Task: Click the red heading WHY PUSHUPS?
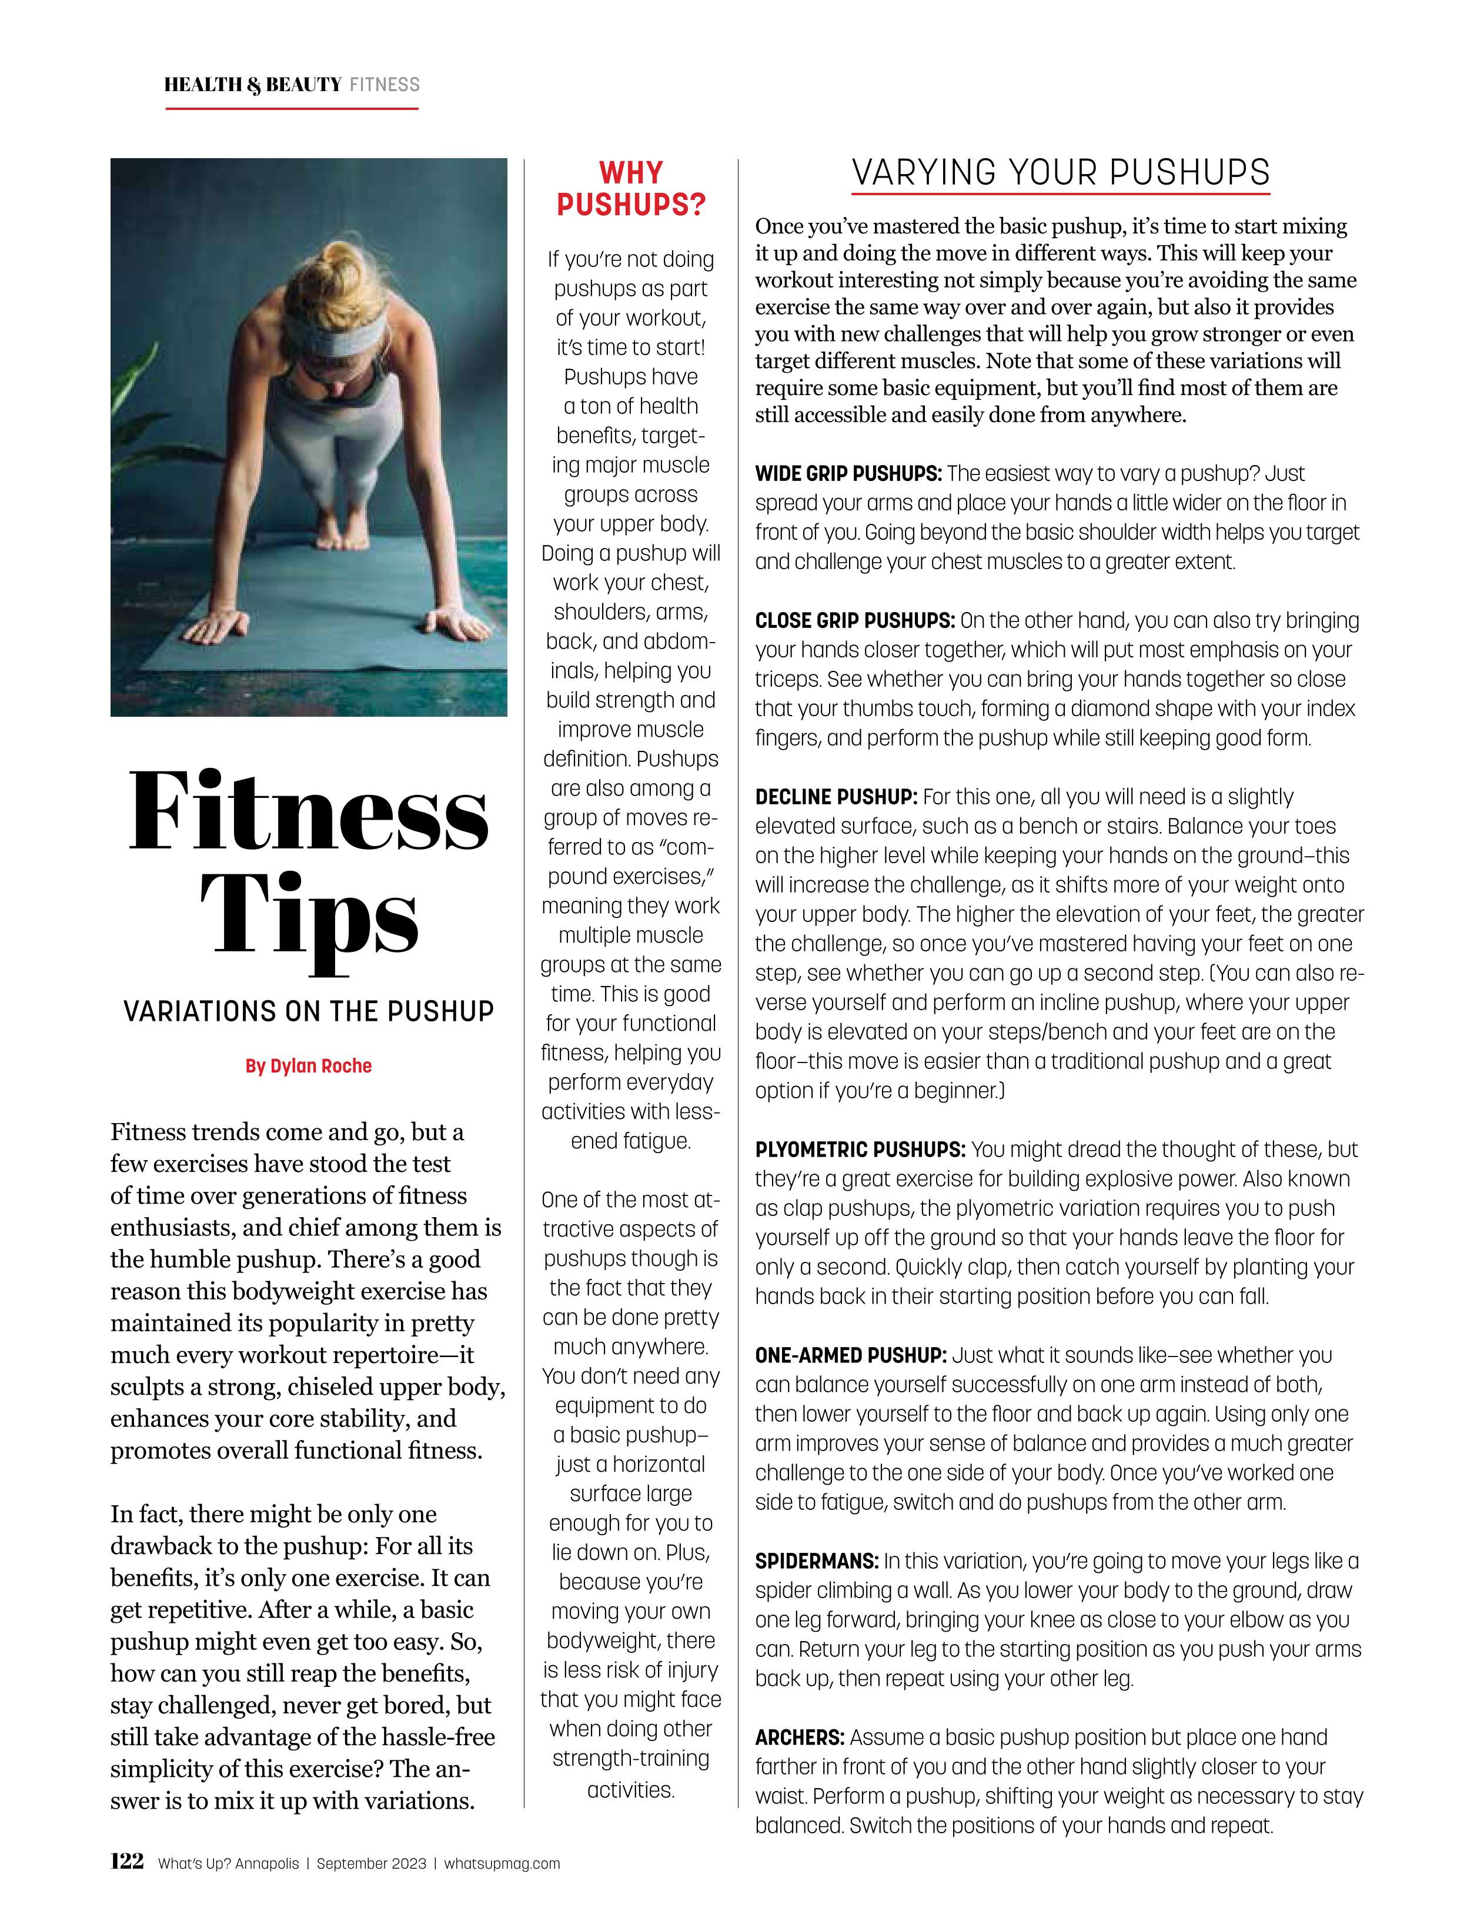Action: click(630, 189)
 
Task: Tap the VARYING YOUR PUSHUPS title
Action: click(1061, 172)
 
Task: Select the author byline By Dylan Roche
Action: click(308, 1066)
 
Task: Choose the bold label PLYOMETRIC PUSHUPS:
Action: click(860, 1150)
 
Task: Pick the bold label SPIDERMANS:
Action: click(817, 1561)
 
